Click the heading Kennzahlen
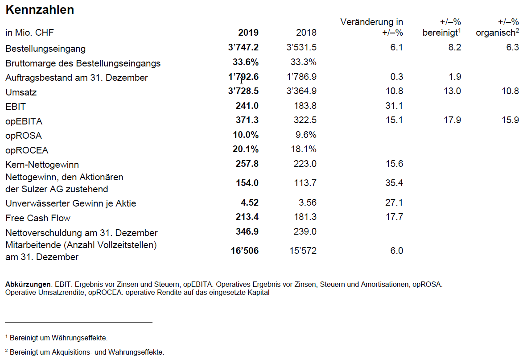click(x=40, y=10)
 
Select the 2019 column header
click(x=248, y=33)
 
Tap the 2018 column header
click(x=306, y=33)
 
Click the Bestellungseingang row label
click(x=45, y=49)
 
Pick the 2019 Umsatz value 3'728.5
click(x=243, y=91)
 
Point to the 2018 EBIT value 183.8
click(x=305, y=106)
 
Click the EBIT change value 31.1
click(x=394, y=106)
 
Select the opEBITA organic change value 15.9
click(x=510, y=120)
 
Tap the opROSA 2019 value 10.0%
click(x=246, y=135)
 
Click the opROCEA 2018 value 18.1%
click(x=304, y=149)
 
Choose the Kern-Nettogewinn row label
click(x=42, y=165)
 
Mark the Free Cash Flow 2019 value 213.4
click(x=247, y=217)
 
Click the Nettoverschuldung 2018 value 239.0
click(x=305, y=232)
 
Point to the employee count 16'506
click(x=245, y=251)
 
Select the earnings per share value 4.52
click(x=250, y=203)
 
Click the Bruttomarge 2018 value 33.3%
click(x=304, y=62)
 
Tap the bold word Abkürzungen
click(x=28, y=284)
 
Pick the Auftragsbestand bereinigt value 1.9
click(x=455, y=77)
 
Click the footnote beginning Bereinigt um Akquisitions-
click(x=86, y=352)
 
